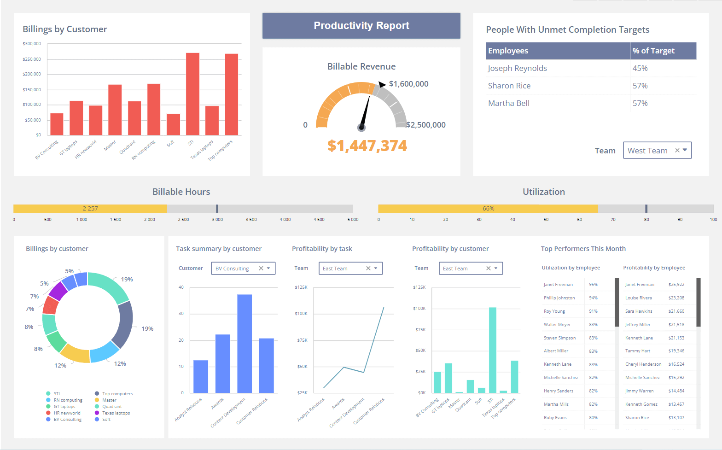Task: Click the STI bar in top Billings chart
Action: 192,94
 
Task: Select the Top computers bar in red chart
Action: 232,94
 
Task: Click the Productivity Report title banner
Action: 361,26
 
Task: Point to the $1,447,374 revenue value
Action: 367,146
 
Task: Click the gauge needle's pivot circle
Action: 361,128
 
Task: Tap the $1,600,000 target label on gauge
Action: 408,84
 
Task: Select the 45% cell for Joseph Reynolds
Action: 640,68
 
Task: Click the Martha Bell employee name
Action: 508,103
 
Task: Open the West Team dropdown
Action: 657,151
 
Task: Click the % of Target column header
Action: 653,51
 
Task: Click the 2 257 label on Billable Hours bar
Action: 90,209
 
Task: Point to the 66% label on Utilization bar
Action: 488,209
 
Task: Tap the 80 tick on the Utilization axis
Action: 646,220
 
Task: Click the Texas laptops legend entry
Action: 116,413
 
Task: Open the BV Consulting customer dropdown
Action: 243,269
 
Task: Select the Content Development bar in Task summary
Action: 245,344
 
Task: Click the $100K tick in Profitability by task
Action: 301,314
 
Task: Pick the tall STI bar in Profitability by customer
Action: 493,350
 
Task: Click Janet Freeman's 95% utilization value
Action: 593,285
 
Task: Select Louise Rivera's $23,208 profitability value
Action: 676,298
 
